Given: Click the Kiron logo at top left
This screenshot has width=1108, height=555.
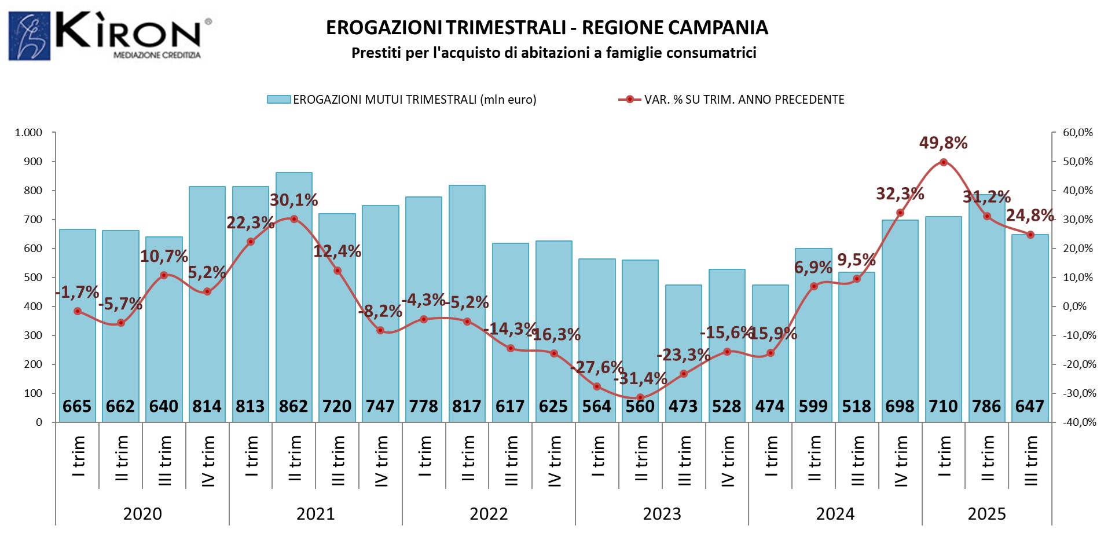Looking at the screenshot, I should pos(110,36).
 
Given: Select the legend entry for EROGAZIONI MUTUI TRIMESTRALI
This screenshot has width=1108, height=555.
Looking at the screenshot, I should pos(402,100).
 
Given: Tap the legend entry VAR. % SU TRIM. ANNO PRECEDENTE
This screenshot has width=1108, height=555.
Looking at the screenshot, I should pos(732,100).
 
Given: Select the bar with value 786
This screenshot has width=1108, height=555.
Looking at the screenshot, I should pos(987,313).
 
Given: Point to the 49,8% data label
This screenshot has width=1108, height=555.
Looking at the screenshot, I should pos(943,143).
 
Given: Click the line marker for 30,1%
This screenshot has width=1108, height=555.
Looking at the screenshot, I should pos(294,219).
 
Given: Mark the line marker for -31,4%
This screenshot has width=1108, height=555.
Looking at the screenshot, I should pos(640,397).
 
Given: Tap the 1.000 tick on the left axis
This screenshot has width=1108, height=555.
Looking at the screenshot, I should pos(28,133).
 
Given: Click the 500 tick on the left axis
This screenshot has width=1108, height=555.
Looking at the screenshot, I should pos(33,277).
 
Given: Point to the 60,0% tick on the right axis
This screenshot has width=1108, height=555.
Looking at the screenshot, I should pos(1077,133).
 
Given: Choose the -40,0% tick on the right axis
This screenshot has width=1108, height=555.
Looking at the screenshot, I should pos(1079,422).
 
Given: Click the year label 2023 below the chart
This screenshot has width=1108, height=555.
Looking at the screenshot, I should pos(662,514).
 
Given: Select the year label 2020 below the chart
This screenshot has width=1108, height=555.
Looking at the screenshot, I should pos(142,514).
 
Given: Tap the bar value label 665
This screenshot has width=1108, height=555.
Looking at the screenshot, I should pos(77,407).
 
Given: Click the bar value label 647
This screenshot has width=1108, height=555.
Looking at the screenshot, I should pos(1030,407).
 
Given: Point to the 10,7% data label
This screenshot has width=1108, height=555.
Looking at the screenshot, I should pos(164,256).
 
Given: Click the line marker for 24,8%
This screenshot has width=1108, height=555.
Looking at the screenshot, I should pos(1030,235).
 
